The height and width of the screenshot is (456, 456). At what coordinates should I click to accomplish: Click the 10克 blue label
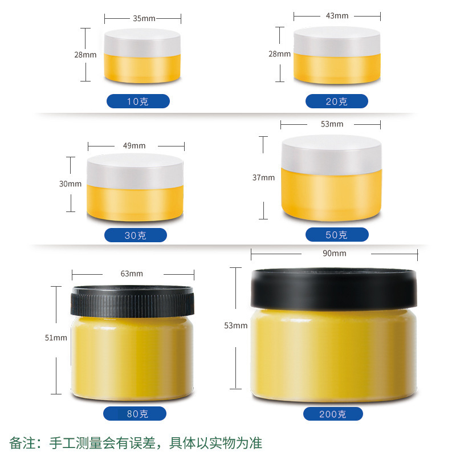[x=138, y=101]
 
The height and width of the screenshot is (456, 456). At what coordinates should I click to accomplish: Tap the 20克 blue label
[x=336, y=101]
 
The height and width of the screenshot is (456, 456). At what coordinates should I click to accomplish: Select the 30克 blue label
[x=136, y=235]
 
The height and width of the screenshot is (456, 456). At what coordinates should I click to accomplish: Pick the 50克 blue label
[x=336, y=234]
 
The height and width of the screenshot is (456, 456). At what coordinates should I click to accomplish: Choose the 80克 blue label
[x=135, y=414]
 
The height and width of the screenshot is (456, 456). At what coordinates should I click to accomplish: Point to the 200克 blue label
[x=332, y=414]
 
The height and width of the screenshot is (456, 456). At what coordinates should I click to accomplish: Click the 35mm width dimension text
[x=144, y=18]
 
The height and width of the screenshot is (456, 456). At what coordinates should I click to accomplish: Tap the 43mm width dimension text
[x=337, y=15]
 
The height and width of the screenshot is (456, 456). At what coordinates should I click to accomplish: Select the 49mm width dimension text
[x=135, y=145]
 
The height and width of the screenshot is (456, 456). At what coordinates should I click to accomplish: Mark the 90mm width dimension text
[x=335, y=253]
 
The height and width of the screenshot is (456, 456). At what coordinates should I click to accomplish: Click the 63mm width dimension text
[x=132, y=274]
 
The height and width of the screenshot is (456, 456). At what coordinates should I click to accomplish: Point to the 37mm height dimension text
[x=263, y=177]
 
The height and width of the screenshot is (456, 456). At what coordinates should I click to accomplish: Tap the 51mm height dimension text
[x=56, y=337]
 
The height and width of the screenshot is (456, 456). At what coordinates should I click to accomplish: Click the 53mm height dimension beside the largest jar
[x=236, y=325]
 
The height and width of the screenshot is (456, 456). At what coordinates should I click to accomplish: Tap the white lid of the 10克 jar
[x=142, y=42]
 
